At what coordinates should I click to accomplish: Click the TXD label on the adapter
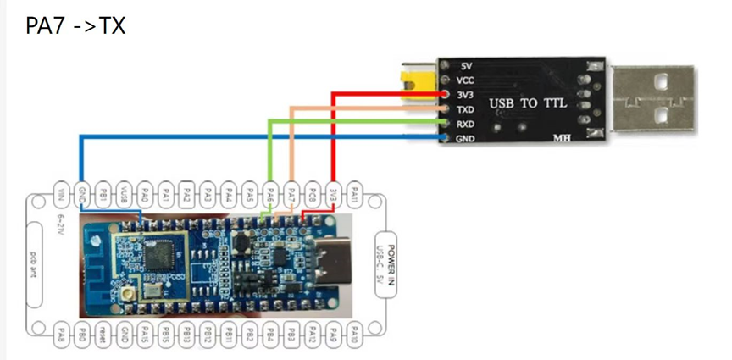(466, 109)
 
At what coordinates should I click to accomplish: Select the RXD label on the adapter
(466, 124)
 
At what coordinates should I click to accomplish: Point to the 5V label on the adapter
(465, 65)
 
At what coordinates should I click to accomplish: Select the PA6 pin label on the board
(271, 192)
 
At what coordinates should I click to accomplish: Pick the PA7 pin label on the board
(291, 192)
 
